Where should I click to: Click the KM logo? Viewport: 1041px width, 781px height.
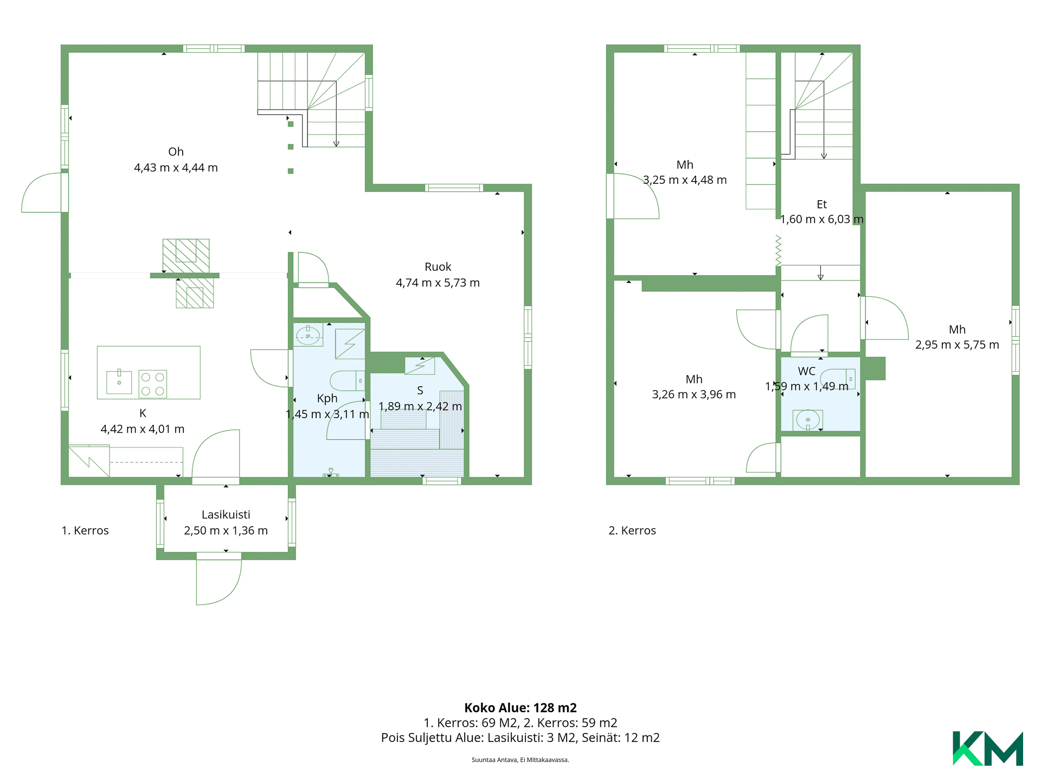[x=987, y=748]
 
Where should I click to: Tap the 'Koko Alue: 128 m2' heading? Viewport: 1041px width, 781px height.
[x=520, y=708]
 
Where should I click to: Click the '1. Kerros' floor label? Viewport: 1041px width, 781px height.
[x=85, y=530]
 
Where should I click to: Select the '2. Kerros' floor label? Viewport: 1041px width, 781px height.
[x=632, y=530]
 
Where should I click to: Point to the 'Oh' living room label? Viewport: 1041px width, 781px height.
[x=176, y=152]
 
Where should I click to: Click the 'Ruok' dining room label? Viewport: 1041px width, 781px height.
[x=438, y=267]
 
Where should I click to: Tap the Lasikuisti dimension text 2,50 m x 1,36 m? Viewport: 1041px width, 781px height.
[x=226, y=530]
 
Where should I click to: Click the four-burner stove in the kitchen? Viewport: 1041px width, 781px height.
[x=152, y=384]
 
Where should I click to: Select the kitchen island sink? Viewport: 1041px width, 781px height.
[x=119, y=381]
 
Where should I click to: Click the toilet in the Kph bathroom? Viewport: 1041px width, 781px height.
[x=348, y=381]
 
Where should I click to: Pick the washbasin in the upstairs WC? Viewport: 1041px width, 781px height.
[x=808, y=420]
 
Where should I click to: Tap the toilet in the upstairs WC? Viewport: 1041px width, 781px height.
[x=838, y=379]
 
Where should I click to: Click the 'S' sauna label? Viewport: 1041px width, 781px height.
[x=420, y=390]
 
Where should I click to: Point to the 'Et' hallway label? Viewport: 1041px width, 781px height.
[x=822, y=204]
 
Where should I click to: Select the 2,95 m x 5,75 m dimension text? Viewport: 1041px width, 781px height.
[x=957, y=345]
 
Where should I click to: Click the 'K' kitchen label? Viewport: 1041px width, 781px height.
[x=143, y=413]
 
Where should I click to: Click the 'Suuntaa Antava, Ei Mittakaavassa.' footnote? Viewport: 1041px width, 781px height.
[x=520, y=760]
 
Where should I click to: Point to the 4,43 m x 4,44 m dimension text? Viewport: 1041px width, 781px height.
[x=176, y=168]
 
